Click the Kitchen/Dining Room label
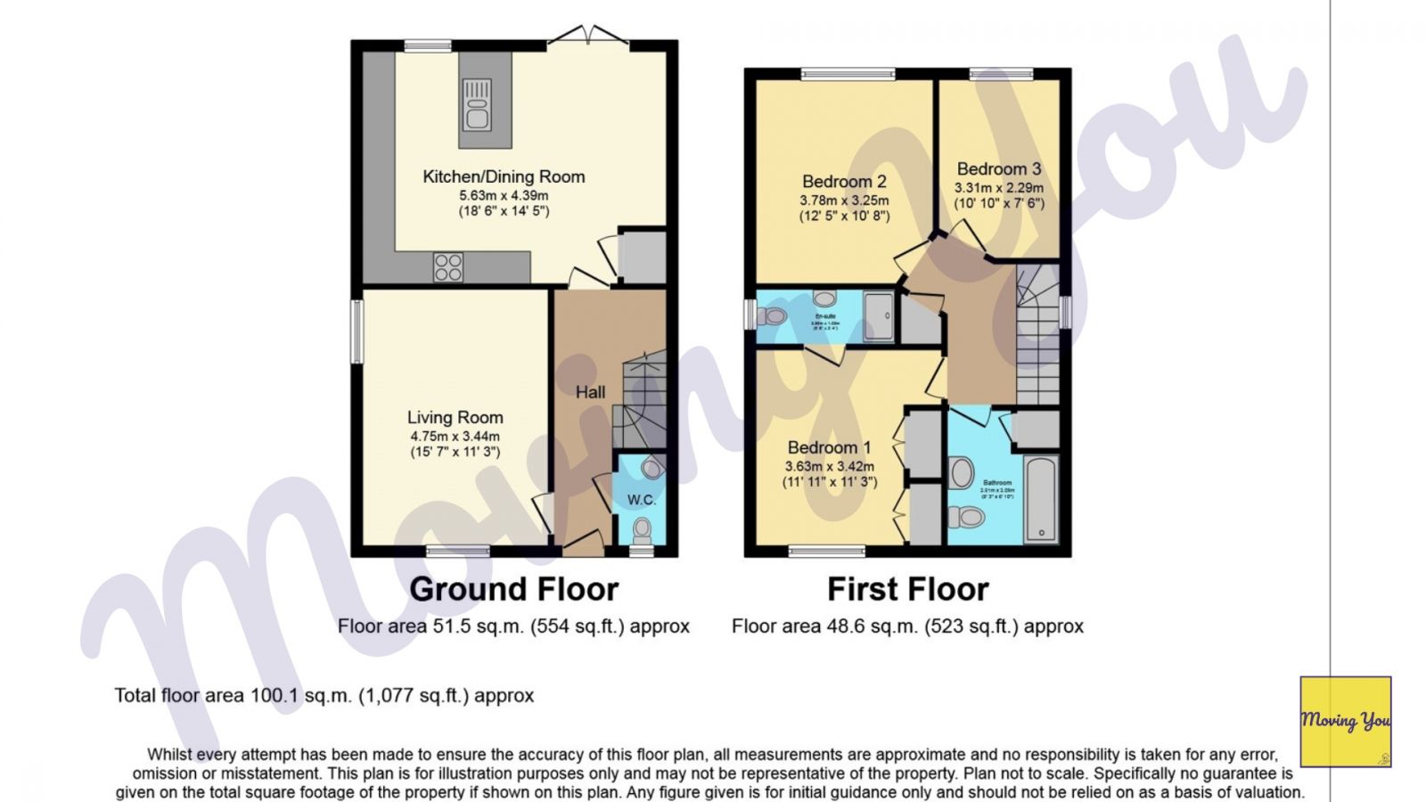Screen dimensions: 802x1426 coord(504,176)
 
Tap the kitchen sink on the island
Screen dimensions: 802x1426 coord(477,104)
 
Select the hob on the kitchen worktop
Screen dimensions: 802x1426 coord(448,266)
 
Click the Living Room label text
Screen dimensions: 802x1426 coord(455,417)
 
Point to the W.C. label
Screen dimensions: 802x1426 coord(641,500)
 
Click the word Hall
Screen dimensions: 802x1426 coord(590,392)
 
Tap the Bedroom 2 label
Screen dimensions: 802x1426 coord(843,182)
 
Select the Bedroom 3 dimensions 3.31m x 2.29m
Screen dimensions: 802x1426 coord(998,188)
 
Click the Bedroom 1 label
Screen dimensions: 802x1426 coord(829,447)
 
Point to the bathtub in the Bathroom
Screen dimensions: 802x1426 coord(1040,499)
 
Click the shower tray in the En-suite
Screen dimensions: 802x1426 coord(878,316)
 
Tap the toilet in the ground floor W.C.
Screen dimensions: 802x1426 coord(642,532)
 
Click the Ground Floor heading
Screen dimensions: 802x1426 coord(513,589)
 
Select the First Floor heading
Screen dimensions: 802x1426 coord(907,589)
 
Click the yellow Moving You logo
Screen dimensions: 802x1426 coord(1345,721)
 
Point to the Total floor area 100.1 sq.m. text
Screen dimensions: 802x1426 coord(324,695)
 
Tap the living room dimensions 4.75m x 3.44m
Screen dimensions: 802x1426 coord(455,436)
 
